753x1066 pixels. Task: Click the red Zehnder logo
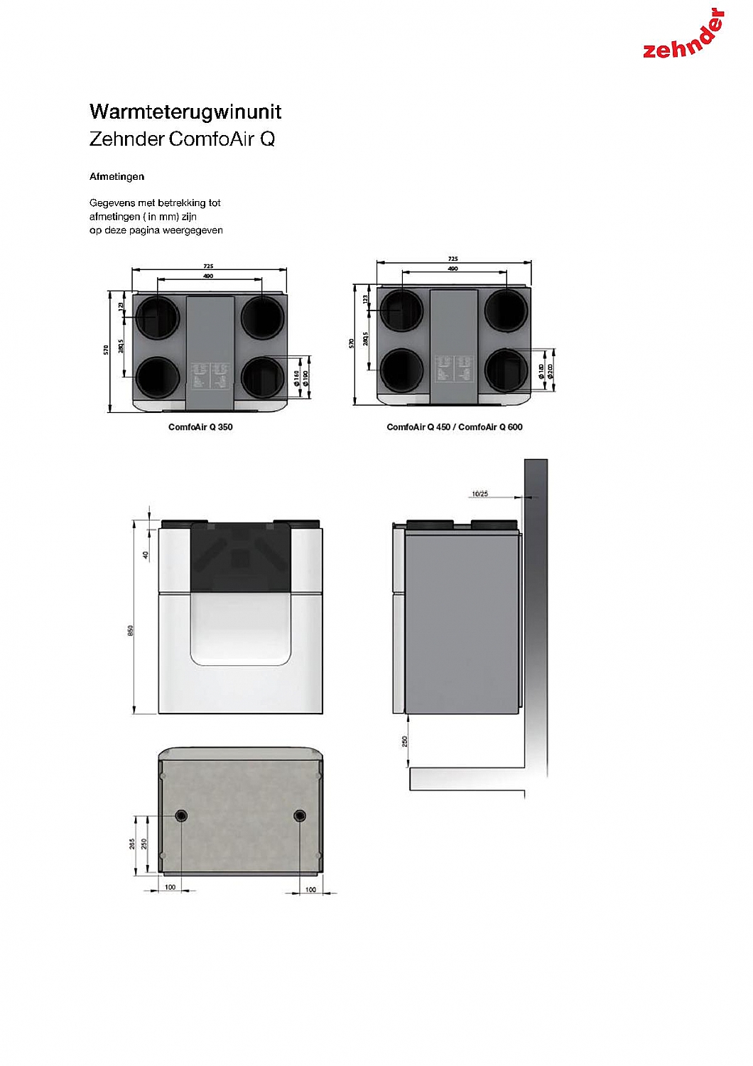click(683, 37)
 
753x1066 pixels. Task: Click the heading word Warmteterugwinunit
click(185, 112)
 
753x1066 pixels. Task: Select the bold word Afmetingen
click(117, 176)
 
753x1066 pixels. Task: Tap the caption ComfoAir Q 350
click(200, 427)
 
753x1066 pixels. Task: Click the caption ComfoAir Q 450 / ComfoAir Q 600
click(454, 427)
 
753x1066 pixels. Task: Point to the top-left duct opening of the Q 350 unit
click(157, 317)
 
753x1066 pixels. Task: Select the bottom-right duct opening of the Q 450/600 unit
click(506, 370)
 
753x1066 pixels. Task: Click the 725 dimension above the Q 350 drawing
click(208, 266)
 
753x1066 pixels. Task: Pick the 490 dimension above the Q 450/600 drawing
click(453, 269)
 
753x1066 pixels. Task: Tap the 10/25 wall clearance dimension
click(480, 493)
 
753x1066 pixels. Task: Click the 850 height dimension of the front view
click(131, 630)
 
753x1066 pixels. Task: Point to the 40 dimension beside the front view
click(146, 555)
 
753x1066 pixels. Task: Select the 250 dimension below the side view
click(405, 741)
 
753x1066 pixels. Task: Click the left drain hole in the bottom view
click(181, 815)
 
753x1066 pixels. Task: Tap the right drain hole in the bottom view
click(299, 815)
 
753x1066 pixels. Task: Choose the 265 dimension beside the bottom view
click(133, 844)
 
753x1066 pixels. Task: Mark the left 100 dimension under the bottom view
click(170, 887)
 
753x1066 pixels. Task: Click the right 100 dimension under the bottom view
click(310, 889)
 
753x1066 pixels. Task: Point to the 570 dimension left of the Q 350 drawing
click(107, 350)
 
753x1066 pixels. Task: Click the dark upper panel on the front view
click(240, 558)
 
